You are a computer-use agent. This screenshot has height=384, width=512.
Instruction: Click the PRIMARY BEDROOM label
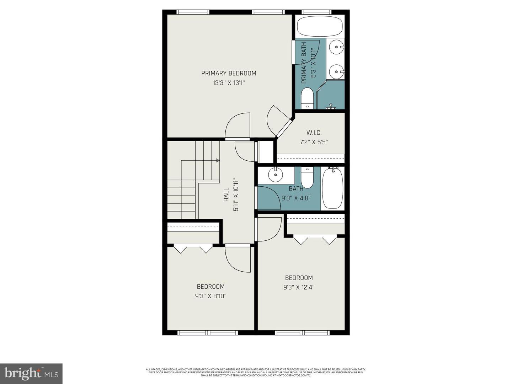coord(229,73)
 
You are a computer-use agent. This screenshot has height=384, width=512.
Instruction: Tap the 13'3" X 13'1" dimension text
coord(229,83)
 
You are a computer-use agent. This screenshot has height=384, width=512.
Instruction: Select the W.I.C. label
coord(314,133)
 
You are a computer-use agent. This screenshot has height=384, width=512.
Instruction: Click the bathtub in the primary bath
coord(320,26)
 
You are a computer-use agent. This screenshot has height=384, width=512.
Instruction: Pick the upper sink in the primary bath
coord(336,47)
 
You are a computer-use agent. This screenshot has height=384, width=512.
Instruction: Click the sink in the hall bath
coord(275,175)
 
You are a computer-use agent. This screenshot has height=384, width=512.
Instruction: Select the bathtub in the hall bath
coord(332,188)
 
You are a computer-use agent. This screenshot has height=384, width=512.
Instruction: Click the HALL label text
coord(226,195)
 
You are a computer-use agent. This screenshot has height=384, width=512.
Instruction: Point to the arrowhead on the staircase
coord(218,161)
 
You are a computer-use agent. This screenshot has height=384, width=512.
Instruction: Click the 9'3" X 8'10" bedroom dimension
coord(210,296)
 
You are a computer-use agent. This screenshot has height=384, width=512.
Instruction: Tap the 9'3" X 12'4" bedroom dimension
coord(299,287)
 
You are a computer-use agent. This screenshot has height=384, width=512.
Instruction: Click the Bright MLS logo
coord(31,373)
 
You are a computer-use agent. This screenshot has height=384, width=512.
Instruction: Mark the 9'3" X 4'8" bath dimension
coord(296,198)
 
